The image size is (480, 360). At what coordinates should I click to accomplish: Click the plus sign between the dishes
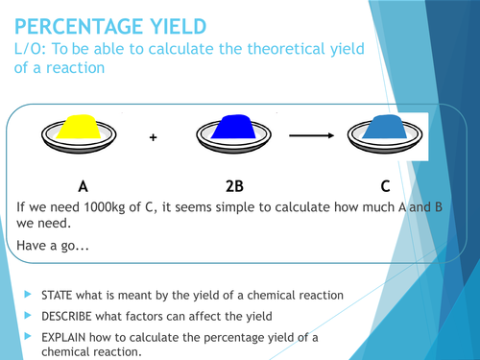click(153, 138)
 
